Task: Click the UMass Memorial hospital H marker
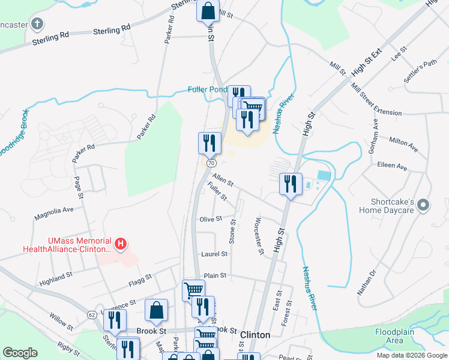pyautogui.click(x=121, y=244)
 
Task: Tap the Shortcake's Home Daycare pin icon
pyautogui.click(x=424, y=206)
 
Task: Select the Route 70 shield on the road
pyautogui.click(x=211, y=163)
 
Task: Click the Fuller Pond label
pyautogui.click(x=207, y=90)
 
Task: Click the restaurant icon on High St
pyautogui.click(x=291, y=183)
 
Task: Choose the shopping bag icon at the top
pyautogui.click(x=207, y=10)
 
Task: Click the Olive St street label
pyautogui.click(x=211, y=220)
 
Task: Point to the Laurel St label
pyautogui.click(x=214, y=254)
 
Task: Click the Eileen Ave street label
pyautogui.click(x=392, y=166)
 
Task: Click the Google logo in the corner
pyautogui.click(x=20, y=353)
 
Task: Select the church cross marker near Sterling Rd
pyautogui.click(x=37, y=25)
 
